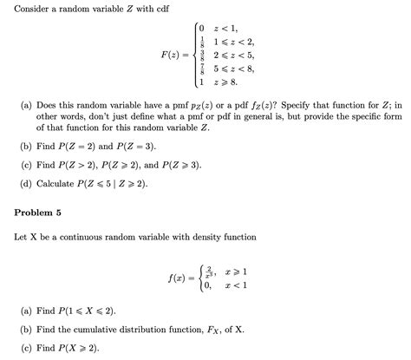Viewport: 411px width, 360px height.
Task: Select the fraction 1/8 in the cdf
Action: (x=201, y=41)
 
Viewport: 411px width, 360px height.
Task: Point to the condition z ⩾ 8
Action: (x=226, y=82)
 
